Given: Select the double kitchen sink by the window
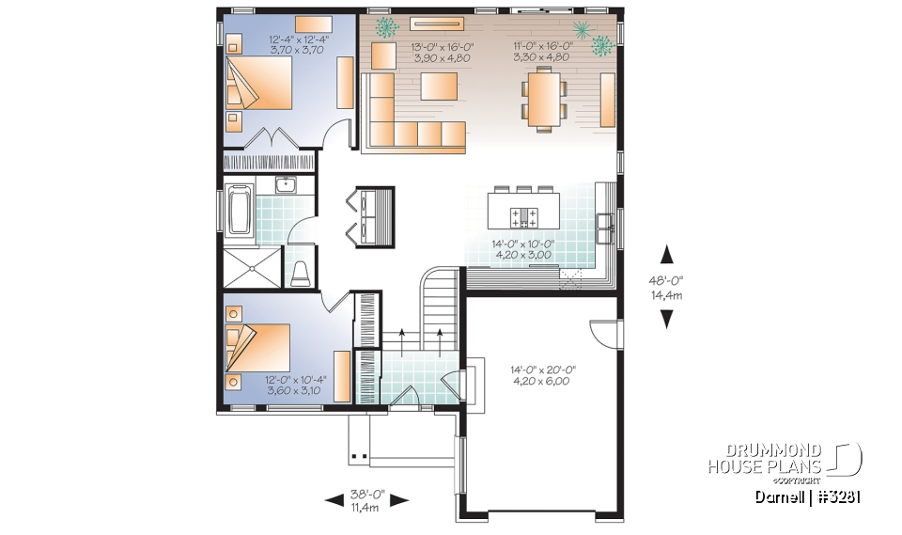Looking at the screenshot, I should (x=605, y=222).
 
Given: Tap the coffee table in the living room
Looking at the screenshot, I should (x=439, y=87).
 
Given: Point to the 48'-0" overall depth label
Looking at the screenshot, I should (x=666, y=286).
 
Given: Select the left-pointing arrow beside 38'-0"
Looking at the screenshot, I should (x=333, y=502).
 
